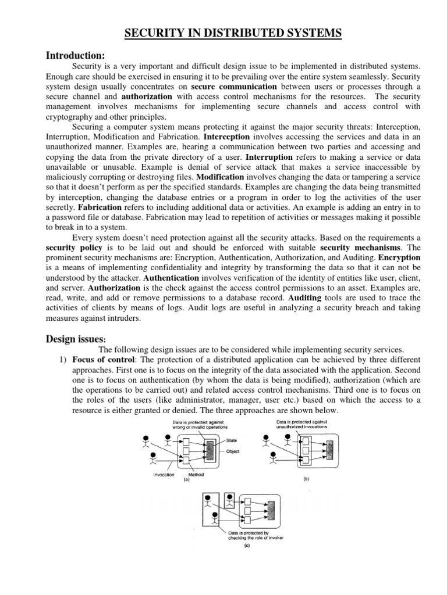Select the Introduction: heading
click(x=75, y=55)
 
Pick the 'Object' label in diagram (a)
click(x=233, y=451)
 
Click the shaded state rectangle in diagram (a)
click(x=210, y=450)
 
